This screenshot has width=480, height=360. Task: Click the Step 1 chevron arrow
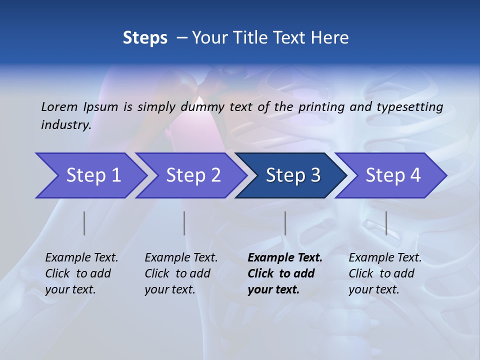90,175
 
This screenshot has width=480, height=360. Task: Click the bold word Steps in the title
145,38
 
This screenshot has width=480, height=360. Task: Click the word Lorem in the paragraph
59,106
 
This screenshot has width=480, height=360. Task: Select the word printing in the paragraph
322,106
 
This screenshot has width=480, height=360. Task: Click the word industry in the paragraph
66,124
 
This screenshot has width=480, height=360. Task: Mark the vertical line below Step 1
84,223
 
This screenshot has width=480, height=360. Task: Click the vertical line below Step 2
184,223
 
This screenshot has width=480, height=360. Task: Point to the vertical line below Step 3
285,223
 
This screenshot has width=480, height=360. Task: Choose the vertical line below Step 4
386,223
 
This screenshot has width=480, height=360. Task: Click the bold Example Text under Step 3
285,258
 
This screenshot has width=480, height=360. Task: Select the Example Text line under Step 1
81,258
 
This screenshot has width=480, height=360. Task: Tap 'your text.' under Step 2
169,290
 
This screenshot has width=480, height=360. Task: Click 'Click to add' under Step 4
381,273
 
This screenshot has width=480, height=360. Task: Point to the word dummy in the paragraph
208,107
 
